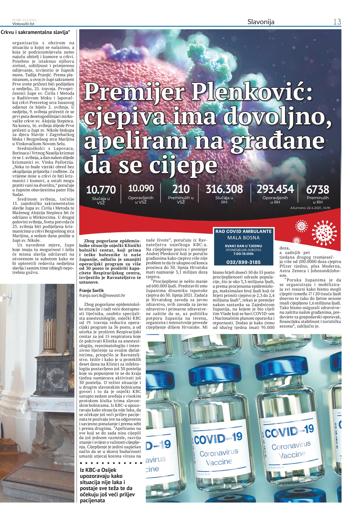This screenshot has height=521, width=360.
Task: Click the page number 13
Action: coord(337,22)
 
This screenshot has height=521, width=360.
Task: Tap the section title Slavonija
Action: coord(261,22)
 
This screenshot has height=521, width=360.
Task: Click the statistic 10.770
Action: coord(101,189)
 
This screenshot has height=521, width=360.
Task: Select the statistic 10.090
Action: coord(141,188)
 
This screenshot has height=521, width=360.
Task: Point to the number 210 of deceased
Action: coord(181,189)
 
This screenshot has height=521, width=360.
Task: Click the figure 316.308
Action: coord(224,189)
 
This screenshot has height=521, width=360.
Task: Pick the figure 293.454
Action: coord(275,189)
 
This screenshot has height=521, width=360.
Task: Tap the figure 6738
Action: coord(317,189)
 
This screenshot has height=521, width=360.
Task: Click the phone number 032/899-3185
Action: coord(243,262)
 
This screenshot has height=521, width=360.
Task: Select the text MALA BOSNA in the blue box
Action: coord(243,238)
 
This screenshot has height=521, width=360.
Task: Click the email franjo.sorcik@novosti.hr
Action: coord(102,296)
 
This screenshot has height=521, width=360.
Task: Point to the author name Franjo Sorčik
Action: coord(91,291)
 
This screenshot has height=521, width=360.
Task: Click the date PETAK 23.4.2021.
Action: coord(24,20)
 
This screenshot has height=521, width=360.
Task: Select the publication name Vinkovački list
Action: coord(23,24)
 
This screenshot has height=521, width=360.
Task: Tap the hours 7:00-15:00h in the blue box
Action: coord(243,254)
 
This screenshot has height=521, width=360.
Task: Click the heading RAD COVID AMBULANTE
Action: coord(243,231)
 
